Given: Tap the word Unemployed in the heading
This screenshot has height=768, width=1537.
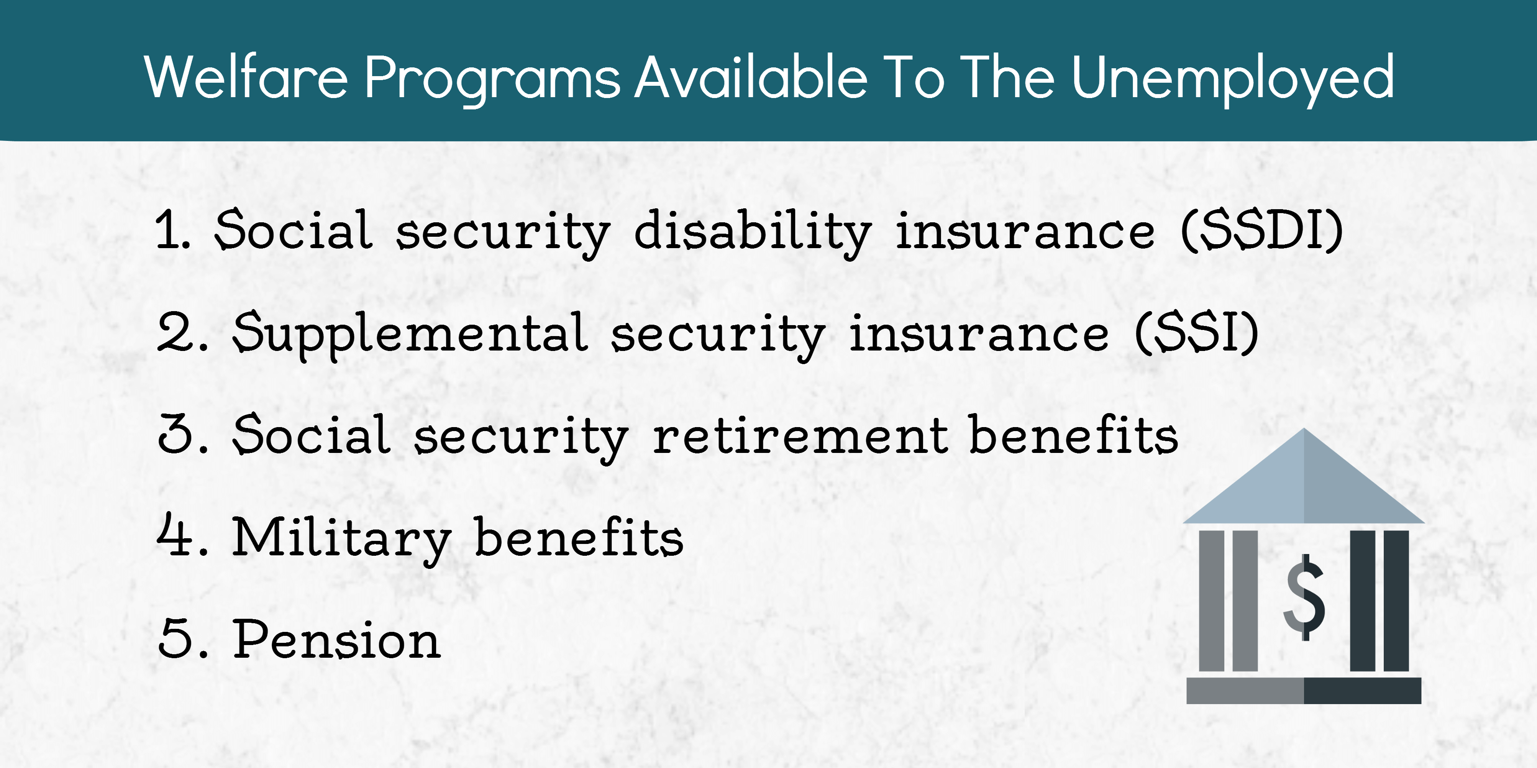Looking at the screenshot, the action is [x=1233, y=81].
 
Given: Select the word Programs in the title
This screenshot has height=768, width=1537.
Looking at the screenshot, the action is [x=493, y=81].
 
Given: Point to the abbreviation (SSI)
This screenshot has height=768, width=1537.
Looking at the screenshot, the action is [x=1197, y=333].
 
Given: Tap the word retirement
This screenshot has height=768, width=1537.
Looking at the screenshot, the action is [x=800, y=435].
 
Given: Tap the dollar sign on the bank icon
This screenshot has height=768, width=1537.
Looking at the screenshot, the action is [x=1304, y=597].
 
